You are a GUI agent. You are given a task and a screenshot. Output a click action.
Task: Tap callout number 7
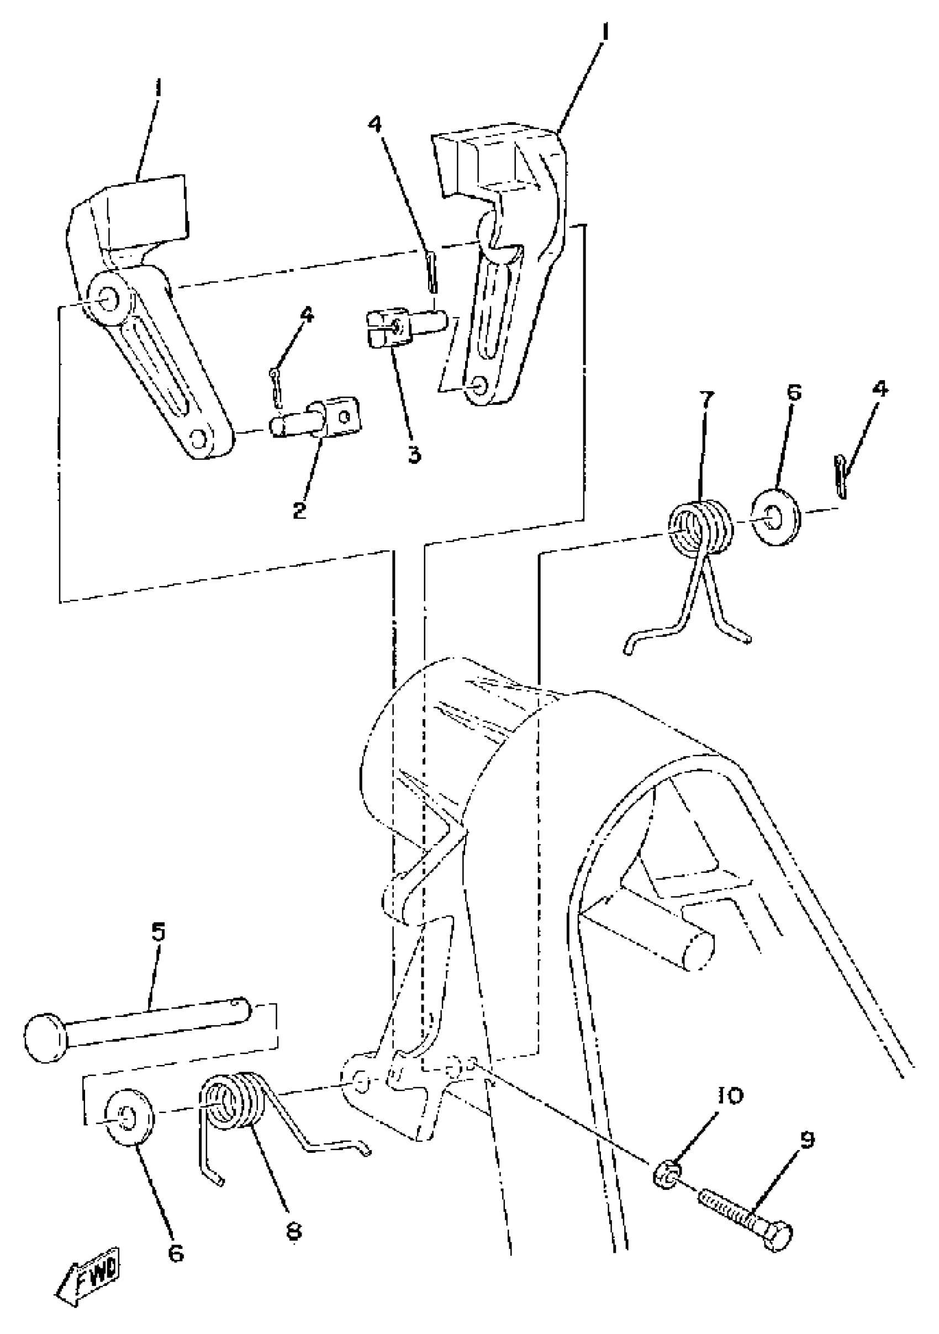point(706,400)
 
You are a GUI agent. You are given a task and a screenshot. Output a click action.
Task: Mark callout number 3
point(414,455)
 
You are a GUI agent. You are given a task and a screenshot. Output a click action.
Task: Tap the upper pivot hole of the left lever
point(108,298)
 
